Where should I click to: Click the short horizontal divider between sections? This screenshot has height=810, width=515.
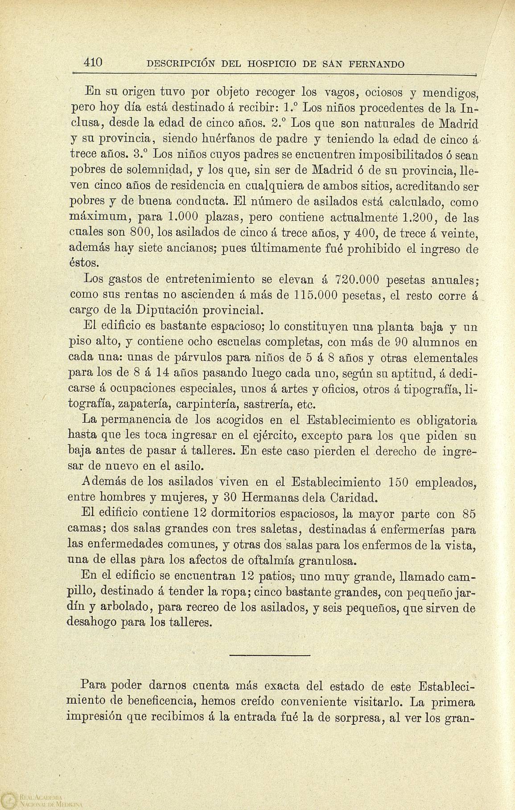(269, 655)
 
